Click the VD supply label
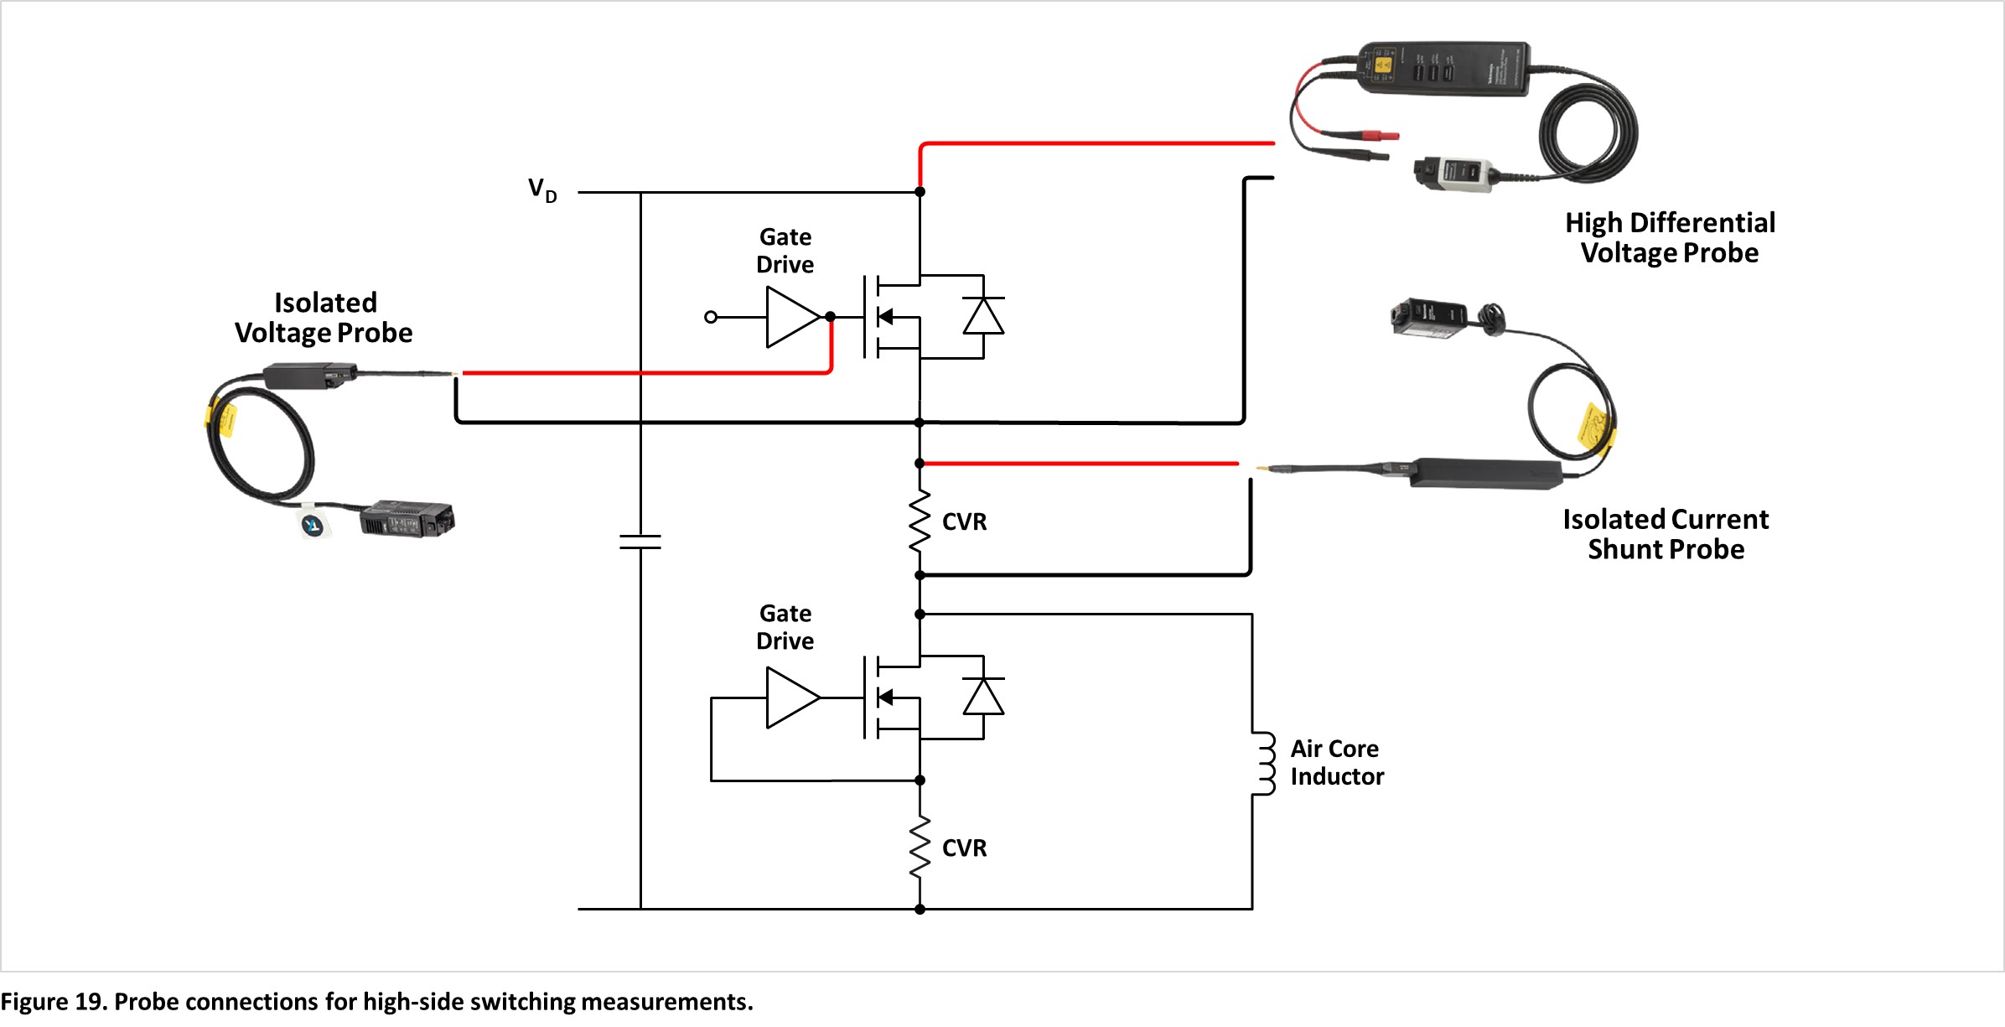[542, 190]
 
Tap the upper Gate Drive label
[785, 251]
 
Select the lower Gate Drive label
[785, 627]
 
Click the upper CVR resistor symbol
[920, 521]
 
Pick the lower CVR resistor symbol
[920, 848]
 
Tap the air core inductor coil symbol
[1264, 763]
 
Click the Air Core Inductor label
[1337, 762]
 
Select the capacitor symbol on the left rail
[640, 542]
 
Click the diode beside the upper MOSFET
[983, 316]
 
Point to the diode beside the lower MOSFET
[983, 696]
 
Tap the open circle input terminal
[711, 317]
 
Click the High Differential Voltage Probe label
[1670, 238]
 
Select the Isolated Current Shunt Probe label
[1666, 534]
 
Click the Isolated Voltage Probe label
[324, 318]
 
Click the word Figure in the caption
[34, 1002]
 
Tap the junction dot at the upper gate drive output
[830, 317]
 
